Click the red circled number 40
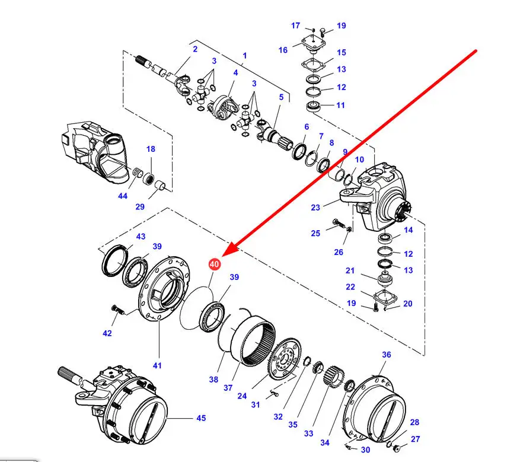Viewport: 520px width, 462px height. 214,265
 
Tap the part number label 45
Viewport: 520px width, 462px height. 201,418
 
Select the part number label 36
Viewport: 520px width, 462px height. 387,355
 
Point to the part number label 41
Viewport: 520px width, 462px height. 157,366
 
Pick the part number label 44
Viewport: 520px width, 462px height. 122,196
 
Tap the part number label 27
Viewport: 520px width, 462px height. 415,439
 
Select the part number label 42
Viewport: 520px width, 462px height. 107,333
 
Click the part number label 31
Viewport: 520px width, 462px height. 255,404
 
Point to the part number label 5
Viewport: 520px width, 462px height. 282,97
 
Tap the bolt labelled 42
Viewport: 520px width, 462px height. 116,310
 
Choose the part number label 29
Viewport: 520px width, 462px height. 140,207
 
